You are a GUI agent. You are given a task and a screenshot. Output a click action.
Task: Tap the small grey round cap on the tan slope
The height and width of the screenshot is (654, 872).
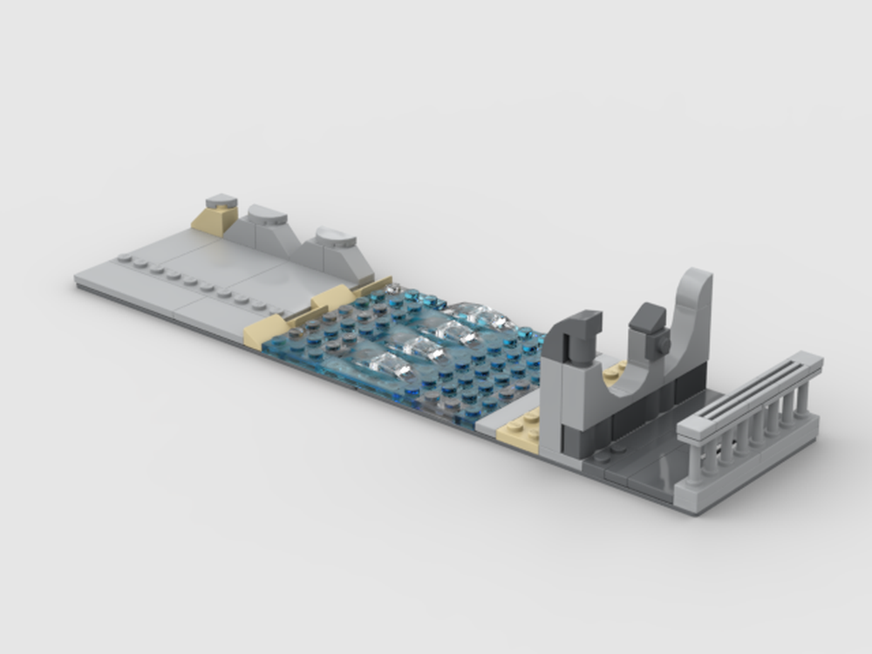(221, 201)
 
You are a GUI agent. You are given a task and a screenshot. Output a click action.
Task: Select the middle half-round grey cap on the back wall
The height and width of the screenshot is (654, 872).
(267, 215)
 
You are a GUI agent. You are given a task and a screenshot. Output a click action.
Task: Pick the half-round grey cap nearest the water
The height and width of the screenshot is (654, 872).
(336, 236)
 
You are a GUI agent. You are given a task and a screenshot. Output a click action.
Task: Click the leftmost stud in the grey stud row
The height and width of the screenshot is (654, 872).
(126, 258)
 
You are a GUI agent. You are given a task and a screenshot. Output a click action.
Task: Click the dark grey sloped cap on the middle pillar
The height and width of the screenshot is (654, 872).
(648, 317)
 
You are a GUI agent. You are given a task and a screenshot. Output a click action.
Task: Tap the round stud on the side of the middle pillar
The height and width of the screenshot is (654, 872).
(664, 344)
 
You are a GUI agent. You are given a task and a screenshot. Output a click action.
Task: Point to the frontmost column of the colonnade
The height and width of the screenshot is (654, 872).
(694, 463)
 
